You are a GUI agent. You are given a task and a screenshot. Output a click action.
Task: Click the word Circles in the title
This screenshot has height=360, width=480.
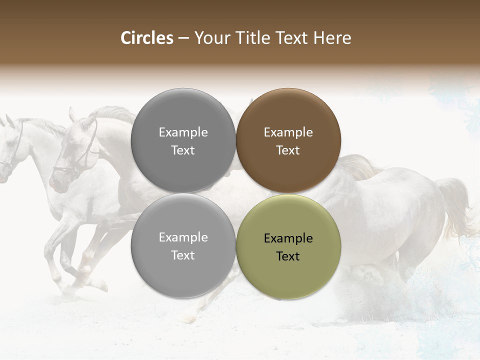click(x=147, y=38)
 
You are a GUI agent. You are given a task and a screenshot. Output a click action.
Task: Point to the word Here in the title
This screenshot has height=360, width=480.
click(x=332, y=38)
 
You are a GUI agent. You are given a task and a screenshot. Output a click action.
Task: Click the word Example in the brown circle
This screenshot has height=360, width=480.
click(x=288, y=132)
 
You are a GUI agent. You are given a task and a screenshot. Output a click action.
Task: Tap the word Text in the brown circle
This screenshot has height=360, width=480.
click(x=288, y=150)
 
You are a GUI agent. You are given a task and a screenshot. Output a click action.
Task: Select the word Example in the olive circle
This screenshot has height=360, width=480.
click(x=288, y=238)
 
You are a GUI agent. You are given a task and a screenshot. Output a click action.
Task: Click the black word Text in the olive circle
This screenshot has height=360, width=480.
click(x=288, y=256)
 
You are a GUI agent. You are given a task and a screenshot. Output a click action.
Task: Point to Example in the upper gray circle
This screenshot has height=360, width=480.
click(x=183, y=132)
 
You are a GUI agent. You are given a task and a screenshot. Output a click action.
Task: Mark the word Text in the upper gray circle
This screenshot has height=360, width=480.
click(x=183, y=150)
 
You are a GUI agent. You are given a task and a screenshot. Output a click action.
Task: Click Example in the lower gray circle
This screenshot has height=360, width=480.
click(x=183, y=237)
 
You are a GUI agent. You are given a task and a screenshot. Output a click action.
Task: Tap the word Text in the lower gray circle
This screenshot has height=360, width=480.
click(x=183, y=255)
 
